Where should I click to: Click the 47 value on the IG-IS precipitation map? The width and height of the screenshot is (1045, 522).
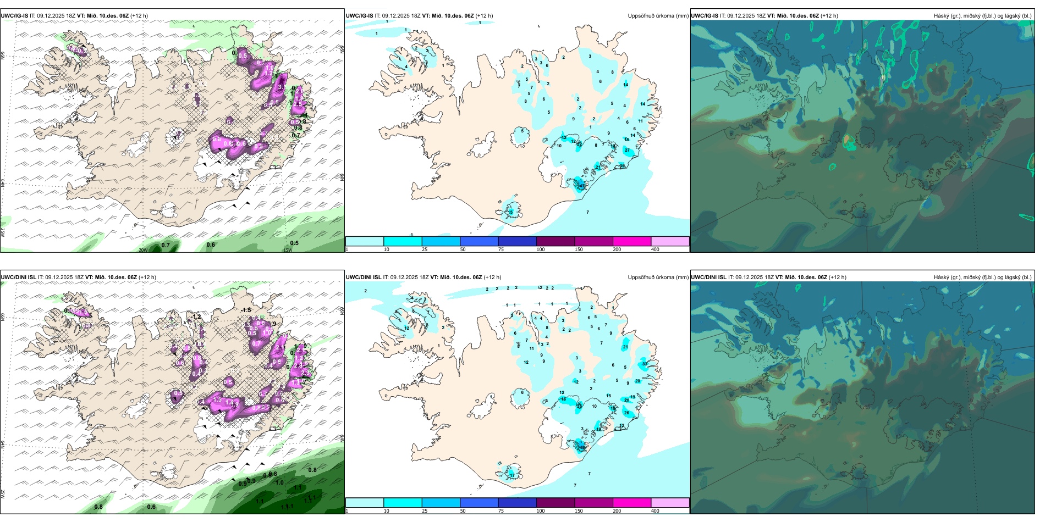click(x=582, y=186)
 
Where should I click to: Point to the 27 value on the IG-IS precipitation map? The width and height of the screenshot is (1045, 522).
click(x=627, y=150)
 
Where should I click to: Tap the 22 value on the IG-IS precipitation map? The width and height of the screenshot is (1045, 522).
click(x=579, y=145)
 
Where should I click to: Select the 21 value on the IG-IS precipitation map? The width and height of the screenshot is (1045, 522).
click(x=598, y=167)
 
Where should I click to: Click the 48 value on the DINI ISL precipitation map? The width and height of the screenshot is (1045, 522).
click(x=582, y=448)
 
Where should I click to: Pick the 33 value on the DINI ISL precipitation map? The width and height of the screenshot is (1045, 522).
click(x=645, y=364)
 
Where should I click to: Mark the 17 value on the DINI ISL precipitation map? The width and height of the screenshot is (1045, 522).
click(x=512, y=475)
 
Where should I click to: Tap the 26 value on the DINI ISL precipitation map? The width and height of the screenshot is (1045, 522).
click(x=626, y=413)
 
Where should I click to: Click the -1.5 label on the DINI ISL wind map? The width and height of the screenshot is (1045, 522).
click(x=246, y=310)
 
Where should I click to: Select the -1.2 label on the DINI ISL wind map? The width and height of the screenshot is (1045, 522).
click(x=196, y=317)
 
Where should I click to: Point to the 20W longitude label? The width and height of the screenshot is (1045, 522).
click(x=143, y=250)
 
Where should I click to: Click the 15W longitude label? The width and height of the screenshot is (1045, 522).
click(x=287, y=250)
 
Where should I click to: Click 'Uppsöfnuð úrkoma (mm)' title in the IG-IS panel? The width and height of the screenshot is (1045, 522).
click(x=658, y=16)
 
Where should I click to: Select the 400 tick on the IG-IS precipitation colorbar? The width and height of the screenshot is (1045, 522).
click(x=655, y=249)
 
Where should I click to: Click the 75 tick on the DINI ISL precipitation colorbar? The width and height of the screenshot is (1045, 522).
click(x=501, y=511)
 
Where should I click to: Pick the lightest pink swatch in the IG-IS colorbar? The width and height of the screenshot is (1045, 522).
click(x=670, y=241)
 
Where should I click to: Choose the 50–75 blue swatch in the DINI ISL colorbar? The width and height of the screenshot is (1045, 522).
click(x=479, y=503)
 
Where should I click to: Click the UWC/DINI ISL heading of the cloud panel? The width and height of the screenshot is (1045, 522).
click(x=709, y=277)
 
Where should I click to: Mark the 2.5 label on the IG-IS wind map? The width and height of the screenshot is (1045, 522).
click(x=298, y=104)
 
